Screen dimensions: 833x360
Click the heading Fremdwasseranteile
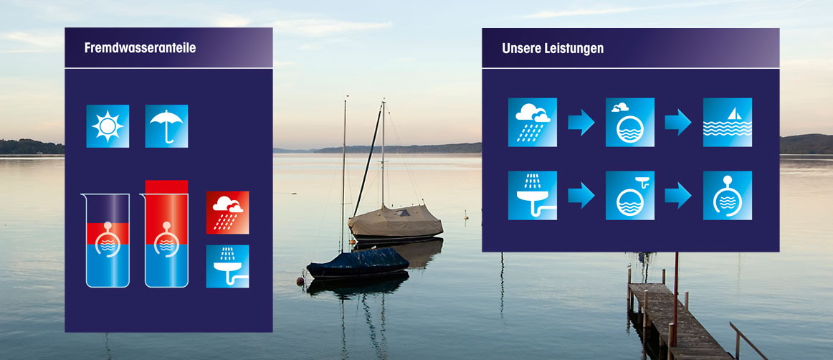click(x=140, y=48)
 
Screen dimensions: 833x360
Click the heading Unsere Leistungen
click(x=553, y=48)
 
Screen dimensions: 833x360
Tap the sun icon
click(x=108, y=126)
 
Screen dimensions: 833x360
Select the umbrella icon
click(x=166, y=126)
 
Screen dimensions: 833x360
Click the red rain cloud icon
click(x=227, y=213)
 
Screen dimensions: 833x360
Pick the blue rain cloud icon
click(x=533, y=123)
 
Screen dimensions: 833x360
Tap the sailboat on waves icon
click(x=728, y=123)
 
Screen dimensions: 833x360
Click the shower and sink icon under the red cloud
click(x=227, y=266)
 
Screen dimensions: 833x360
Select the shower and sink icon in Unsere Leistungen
click(x=533, y=195)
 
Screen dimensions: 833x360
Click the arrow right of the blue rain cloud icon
click(x=581, y=123)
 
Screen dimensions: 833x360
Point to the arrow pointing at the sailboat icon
click(x=678, y=123)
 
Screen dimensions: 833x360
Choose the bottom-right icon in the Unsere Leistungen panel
click(x=728, y=195)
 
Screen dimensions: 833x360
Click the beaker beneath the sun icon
click(x=108, y=240)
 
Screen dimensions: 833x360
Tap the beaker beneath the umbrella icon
click(x=166, y=234)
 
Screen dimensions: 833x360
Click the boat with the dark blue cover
click(x=358, y=262)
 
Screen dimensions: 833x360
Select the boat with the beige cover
click(x=395, y=221)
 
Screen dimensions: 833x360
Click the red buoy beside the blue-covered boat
click(x=300, y=281)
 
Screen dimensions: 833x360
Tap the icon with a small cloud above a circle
click(x=629, y=123)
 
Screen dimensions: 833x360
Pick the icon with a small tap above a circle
click(x=629, y=195)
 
